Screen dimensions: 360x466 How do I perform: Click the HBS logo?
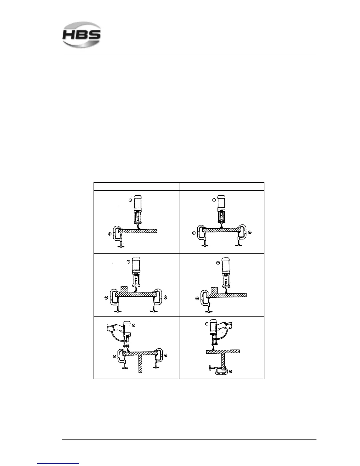[x=81, y=35]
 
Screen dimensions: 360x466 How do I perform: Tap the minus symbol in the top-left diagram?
[x=130, y=200]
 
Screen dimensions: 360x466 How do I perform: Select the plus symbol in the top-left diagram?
[x=109, y=234]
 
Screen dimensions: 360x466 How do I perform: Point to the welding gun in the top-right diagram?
[x=222, y=210]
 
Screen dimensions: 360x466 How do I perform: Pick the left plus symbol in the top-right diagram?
[x=194, y=233]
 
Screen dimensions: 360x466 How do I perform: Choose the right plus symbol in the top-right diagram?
[x=250, y=232]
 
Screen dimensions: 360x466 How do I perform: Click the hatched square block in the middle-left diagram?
[x=124, y=289]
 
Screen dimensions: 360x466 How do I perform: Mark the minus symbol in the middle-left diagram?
[x=128, y=262]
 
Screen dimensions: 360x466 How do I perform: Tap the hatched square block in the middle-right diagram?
[x=214, y=290]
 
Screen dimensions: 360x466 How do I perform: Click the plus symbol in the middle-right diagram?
[x=197, y=299]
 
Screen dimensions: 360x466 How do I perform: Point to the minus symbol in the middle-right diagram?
[x=218, y=263]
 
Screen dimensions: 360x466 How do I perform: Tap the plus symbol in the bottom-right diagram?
[x=231, y=371]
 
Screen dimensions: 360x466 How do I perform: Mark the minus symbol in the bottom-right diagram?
[x=206, y=324]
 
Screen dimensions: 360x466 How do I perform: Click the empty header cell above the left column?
[x=136, y=186]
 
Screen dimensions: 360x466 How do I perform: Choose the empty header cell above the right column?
[x=221, y=186]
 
